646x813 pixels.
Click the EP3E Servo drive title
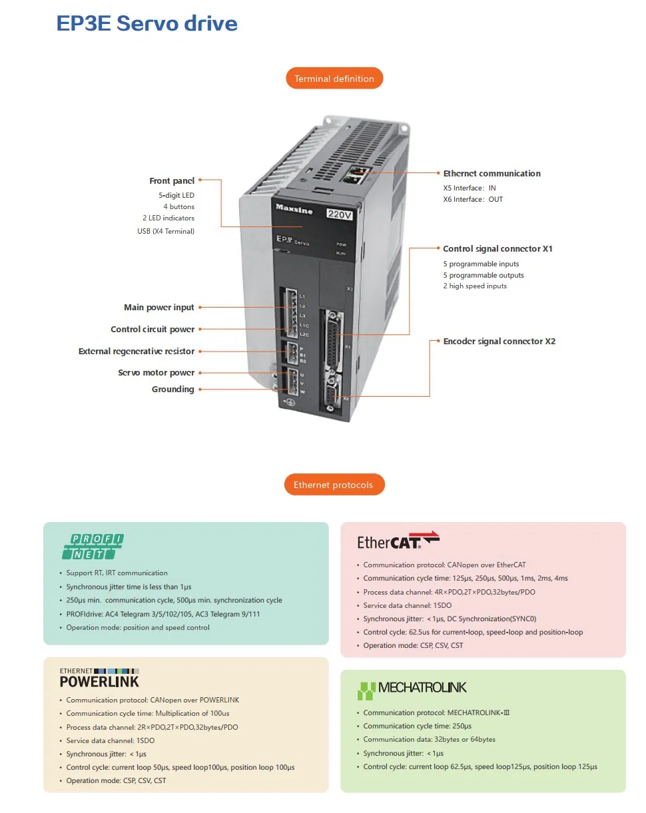pyautogui.click(x=147, y=23)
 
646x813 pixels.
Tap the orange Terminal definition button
pyautogui.click(x=334, y=78)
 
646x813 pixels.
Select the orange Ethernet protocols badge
pyautogui.click(x=334, y=484)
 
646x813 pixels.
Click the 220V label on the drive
pyautogui.click(x=339, y=214)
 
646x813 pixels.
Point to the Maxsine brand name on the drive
pyautogui.click(x=294, y=208)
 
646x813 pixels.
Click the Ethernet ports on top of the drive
pyautogui.click(x=356, y=174)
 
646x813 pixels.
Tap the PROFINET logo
pyautogui.click(x=93, y=547)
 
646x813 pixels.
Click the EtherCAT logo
pyautogui.click(x=398, y=540)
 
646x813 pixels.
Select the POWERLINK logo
pyautogui.click(x=99, y=678)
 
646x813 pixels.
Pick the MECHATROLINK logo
pyautogui.click(x=412, y=690)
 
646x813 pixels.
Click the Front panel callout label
pyautogui.click(x=172, y=180)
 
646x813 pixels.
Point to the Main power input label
pyautogui.click(x=159, y=307)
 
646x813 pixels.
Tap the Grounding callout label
pyautogui.click(x=172, y=389)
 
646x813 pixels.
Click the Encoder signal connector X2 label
pyautogui.click(x=499, y=341)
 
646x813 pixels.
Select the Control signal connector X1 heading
pyautogui.click(x=497, y=248)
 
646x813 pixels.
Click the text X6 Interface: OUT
pyautogui.click(x=473, y=199)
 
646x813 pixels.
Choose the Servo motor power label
pyautogui.click(x=156, y=372)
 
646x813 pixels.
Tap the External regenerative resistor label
pyautogui.click(x=137, y=351)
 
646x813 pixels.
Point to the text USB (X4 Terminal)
pyautogui.click(x=166, y=231)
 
